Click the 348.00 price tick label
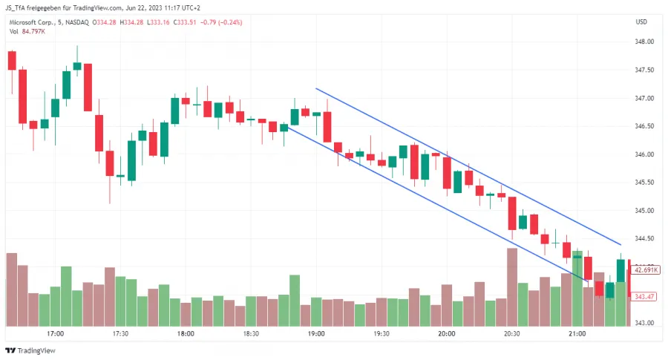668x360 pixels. tap(645, 42)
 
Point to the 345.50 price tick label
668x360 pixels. tap(645, 183)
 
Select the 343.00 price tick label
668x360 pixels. tap(645, 323)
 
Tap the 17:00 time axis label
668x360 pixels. tap(55, 334)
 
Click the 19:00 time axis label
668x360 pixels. tap(316, 334)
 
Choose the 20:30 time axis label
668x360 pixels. tap(512, 334)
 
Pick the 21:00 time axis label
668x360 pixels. tap(577, 334)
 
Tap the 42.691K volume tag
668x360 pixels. tap(645, 270)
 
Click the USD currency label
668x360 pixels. tap(642, 22)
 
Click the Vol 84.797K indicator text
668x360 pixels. tap(25, 31)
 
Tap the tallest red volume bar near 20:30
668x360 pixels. tap(512, 287)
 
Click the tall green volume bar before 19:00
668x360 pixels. tap(295, 300)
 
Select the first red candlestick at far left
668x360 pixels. tap(11, 61)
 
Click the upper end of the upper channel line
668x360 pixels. tap(316, 88)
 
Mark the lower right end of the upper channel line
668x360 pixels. tap(620, 244)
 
